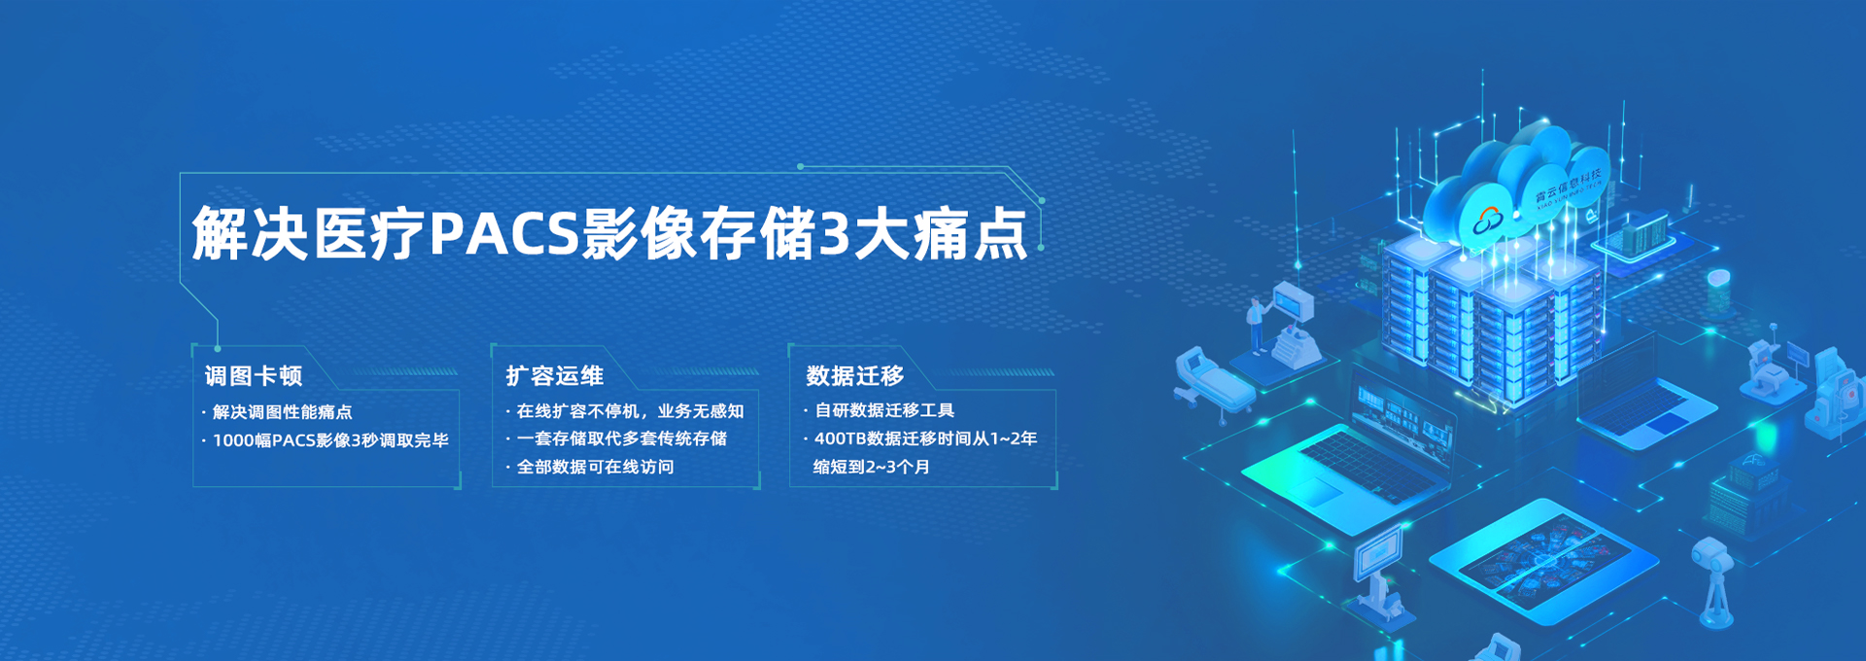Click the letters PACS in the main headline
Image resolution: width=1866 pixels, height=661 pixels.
click(x=504, y=233)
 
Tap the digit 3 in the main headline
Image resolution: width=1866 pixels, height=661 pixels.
click(x=834, y=234)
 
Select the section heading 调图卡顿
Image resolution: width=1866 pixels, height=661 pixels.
click(x=254, y=376)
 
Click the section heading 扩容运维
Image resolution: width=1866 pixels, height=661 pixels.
click(x=555, y=376)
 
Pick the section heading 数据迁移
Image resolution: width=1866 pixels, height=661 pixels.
click(x=855, y=375)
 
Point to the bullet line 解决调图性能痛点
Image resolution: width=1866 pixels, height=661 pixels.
click(x=282, y=412)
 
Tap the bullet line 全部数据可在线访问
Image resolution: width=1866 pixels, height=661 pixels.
click(x=595, y=467)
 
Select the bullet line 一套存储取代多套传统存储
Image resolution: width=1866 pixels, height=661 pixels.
click(x=622, y=438)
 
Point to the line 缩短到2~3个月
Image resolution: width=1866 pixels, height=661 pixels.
click(x=872, y=467)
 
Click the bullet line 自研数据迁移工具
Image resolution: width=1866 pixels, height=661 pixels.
click(x=884, y=410)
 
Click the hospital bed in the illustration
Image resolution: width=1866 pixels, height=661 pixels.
click(x=1213, y=382)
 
